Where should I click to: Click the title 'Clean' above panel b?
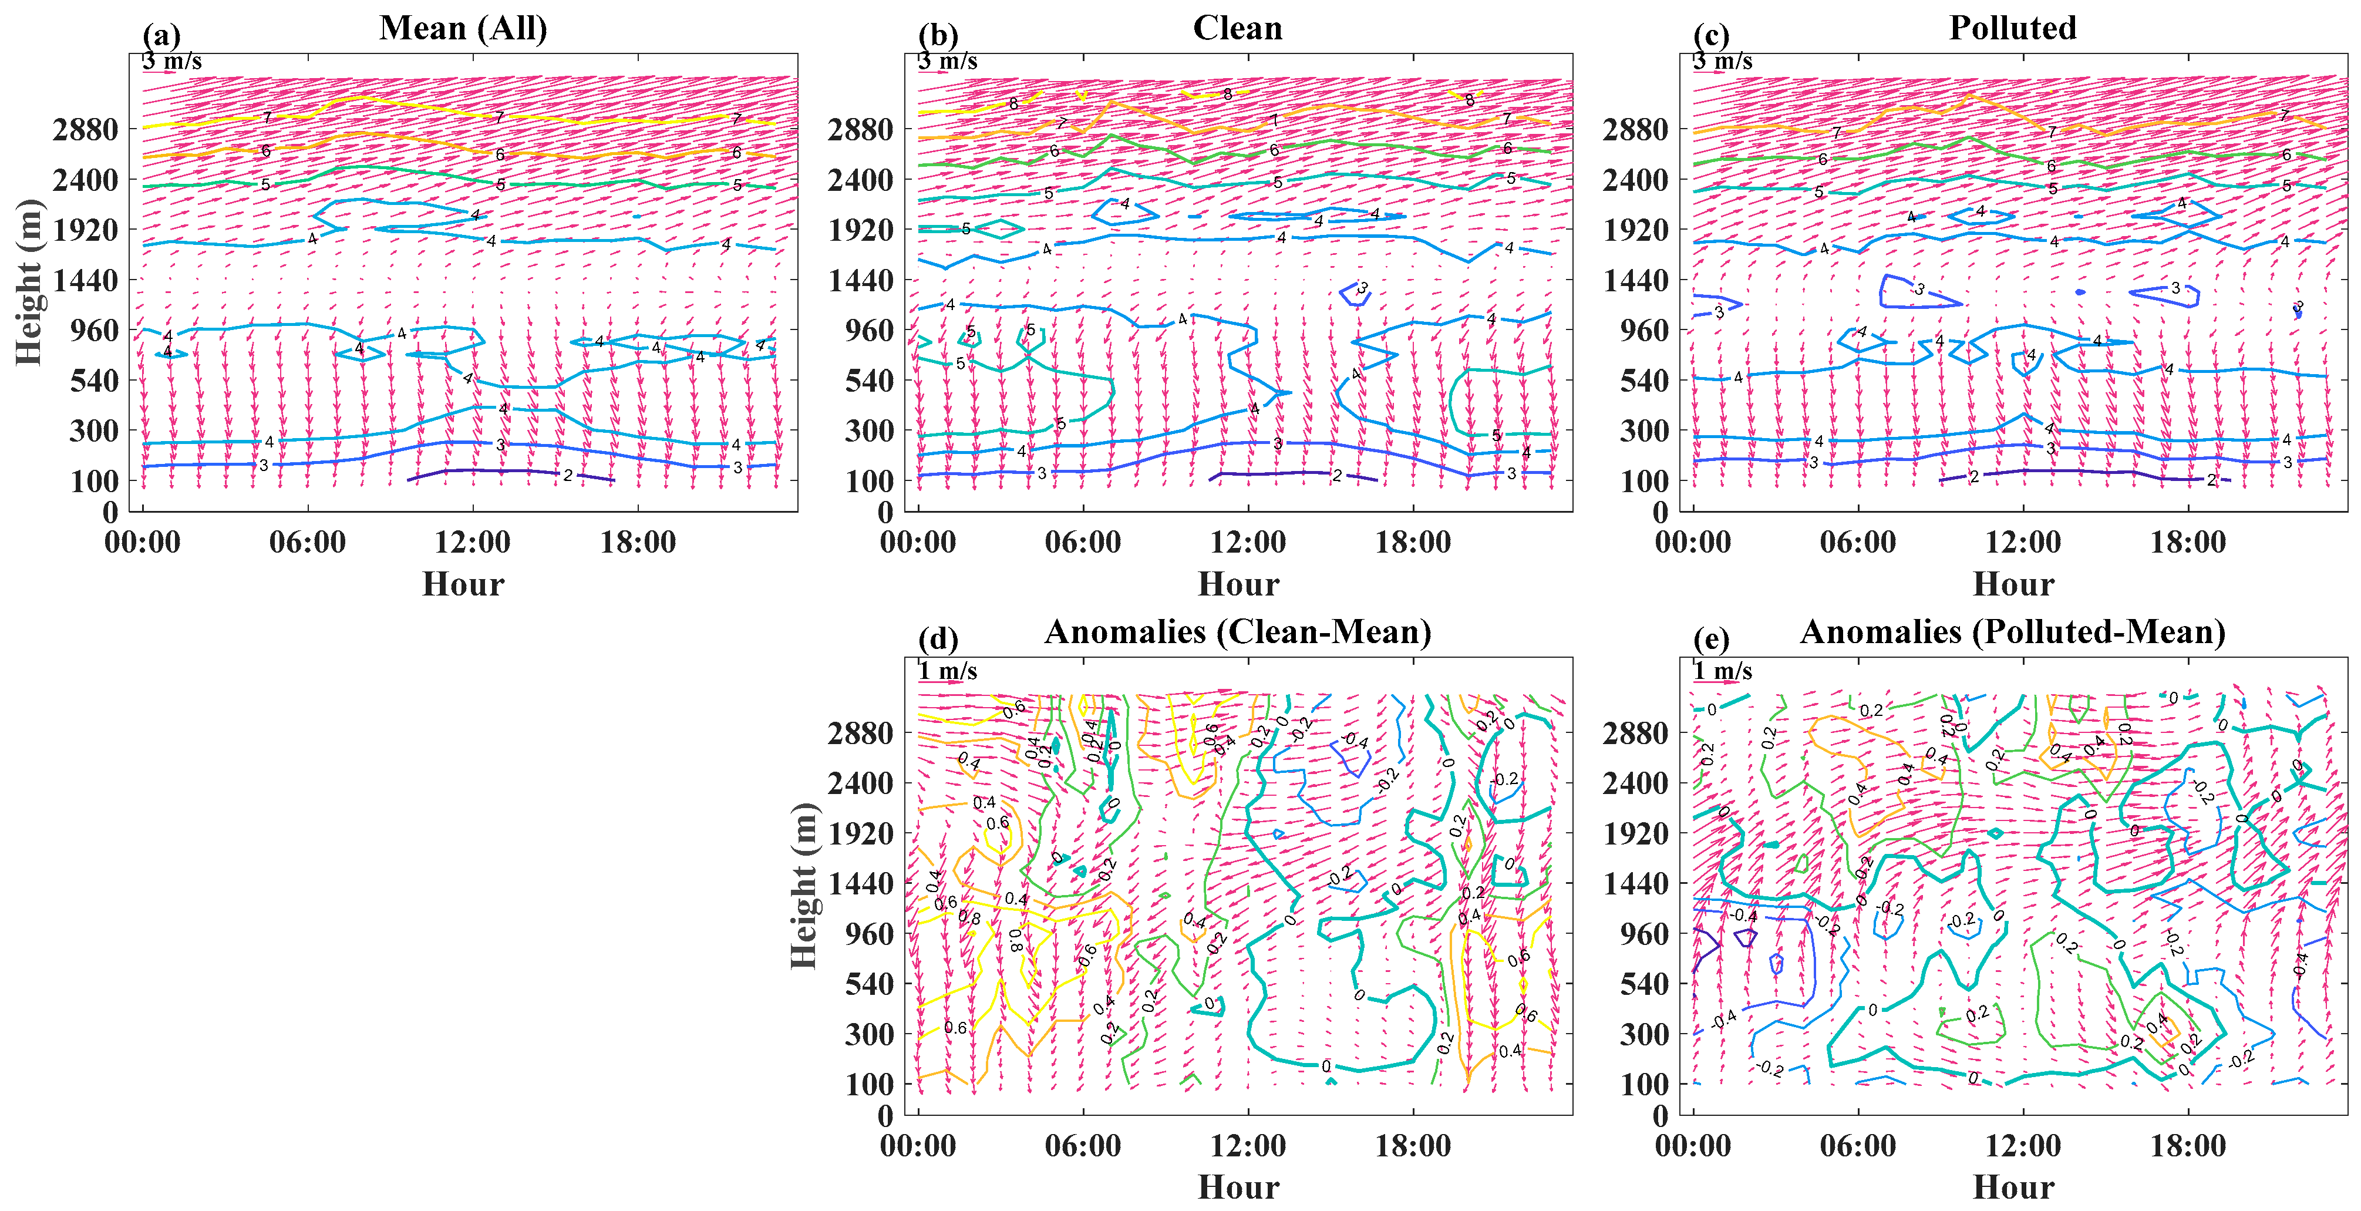pos(1237,28)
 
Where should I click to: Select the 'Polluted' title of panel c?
pos(2013,28)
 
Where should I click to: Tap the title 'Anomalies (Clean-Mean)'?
pos(1237,633)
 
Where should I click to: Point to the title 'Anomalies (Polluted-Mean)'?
pos(2013,633)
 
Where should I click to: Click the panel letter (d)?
pos(938,639)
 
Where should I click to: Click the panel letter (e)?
pos(1711,639)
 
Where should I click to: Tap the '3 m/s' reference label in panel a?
pos(172,62)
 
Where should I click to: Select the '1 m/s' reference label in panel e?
pos(1722,671)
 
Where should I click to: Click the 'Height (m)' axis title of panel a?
pos(29,281)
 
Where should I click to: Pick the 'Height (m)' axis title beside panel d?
pos(804,886)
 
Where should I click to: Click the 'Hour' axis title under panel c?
pos(2013,584)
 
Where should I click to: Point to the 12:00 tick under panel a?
pos(473,543)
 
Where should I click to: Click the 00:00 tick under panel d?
pos(918,1146)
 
